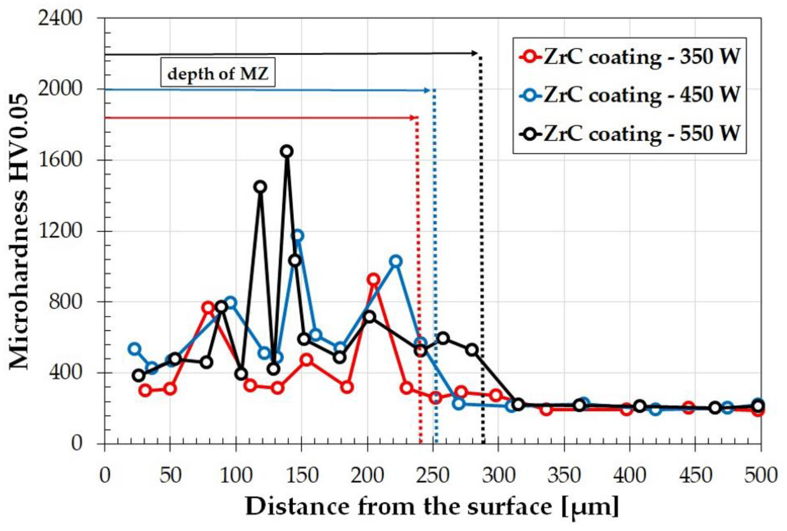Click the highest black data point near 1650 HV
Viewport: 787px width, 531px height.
(x=287, y=151)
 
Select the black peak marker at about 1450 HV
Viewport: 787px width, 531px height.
(x=260, y=187)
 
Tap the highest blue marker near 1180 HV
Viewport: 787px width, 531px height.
(x=297, y=236)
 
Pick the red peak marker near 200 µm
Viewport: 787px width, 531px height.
(x=373, y=280)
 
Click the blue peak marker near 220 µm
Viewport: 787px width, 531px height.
(x=396, y=261)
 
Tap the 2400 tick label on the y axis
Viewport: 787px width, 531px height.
(x=60, y=18)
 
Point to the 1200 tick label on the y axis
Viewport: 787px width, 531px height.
(x=60, y=231)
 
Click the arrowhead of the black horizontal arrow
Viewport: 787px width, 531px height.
(x=475, y=53)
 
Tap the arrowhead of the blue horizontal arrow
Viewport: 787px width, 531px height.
(x=427, y=90)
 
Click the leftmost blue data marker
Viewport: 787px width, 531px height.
(x=135, y=349)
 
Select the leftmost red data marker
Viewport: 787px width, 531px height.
(x=145, y=390)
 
